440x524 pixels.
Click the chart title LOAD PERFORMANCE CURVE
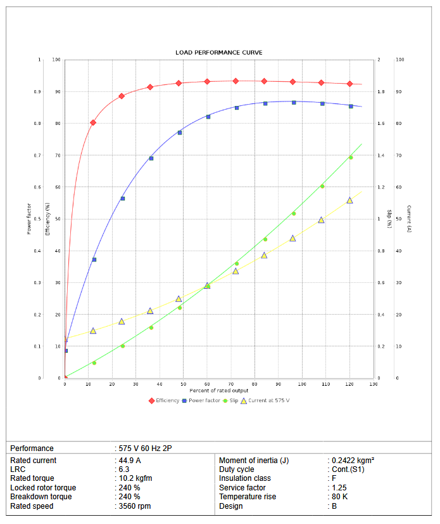219,52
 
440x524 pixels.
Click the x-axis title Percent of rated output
219,390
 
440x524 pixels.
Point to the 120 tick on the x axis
349,384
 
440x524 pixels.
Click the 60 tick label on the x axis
207,384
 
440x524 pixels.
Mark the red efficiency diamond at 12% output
93,122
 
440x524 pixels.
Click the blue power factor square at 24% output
122,199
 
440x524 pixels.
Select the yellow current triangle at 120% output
349,200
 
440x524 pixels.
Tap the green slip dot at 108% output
322,187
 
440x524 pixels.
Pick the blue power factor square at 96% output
294,102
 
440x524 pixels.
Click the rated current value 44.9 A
129,461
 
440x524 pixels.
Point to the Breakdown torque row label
41,497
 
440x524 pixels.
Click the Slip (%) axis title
389,219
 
